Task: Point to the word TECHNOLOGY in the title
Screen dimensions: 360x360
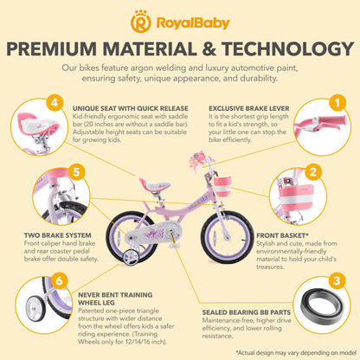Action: tap(264, 47)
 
